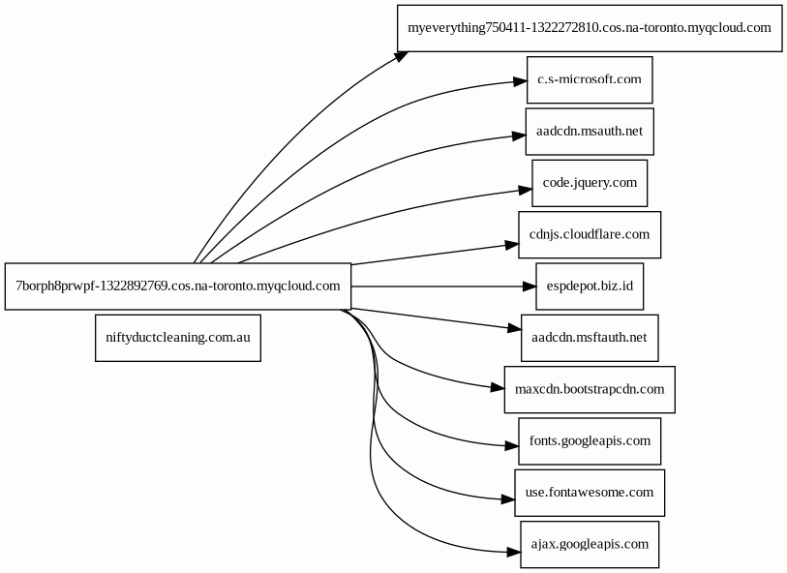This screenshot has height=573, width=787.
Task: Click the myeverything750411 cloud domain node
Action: (x=590, y=28)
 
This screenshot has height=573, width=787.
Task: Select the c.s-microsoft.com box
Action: (x=590, y=79)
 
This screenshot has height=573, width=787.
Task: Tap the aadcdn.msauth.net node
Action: (x=590, y=132)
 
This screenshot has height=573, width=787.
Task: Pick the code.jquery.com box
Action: (x=590, y=183)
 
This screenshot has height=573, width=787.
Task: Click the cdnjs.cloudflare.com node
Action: (x=590, y=235)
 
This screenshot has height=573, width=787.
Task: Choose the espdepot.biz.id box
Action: (x=590, y=286)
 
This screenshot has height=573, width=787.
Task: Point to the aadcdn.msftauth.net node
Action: (x=590, y=338)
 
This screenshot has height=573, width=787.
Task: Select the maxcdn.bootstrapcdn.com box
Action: (x=590, y=390)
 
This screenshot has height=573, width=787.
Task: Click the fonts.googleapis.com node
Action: (x=590, y=441)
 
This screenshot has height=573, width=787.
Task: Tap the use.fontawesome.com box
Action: (x=590, y=493)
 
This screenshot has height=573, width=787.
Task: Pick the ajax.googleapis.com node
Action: (x=590, y=544)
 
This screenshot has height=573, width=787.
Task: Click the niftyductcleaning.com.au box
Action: (x=178, y=338)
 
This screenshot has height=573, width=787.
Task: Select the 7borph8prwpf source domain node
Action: (x=178, y=286)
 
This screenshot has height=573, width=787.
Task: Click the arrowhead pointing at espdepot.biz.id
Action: (x=530, y=286)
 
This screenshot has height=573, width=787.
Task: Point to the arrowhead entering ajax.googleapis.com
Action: (x=514, y=552)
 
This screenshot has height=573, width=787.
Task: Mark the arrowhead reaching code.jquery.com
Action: (x=526, y=190)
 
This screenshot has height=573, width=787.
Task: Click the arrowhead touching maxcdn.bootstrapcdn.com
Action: (x=498, y=387)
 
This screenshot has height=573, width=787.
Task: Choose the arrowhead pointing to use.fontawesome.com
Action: (x=508, y=498)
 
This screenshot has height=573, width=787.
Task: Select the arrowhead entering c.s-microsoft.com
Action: (x=520, y=81)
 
